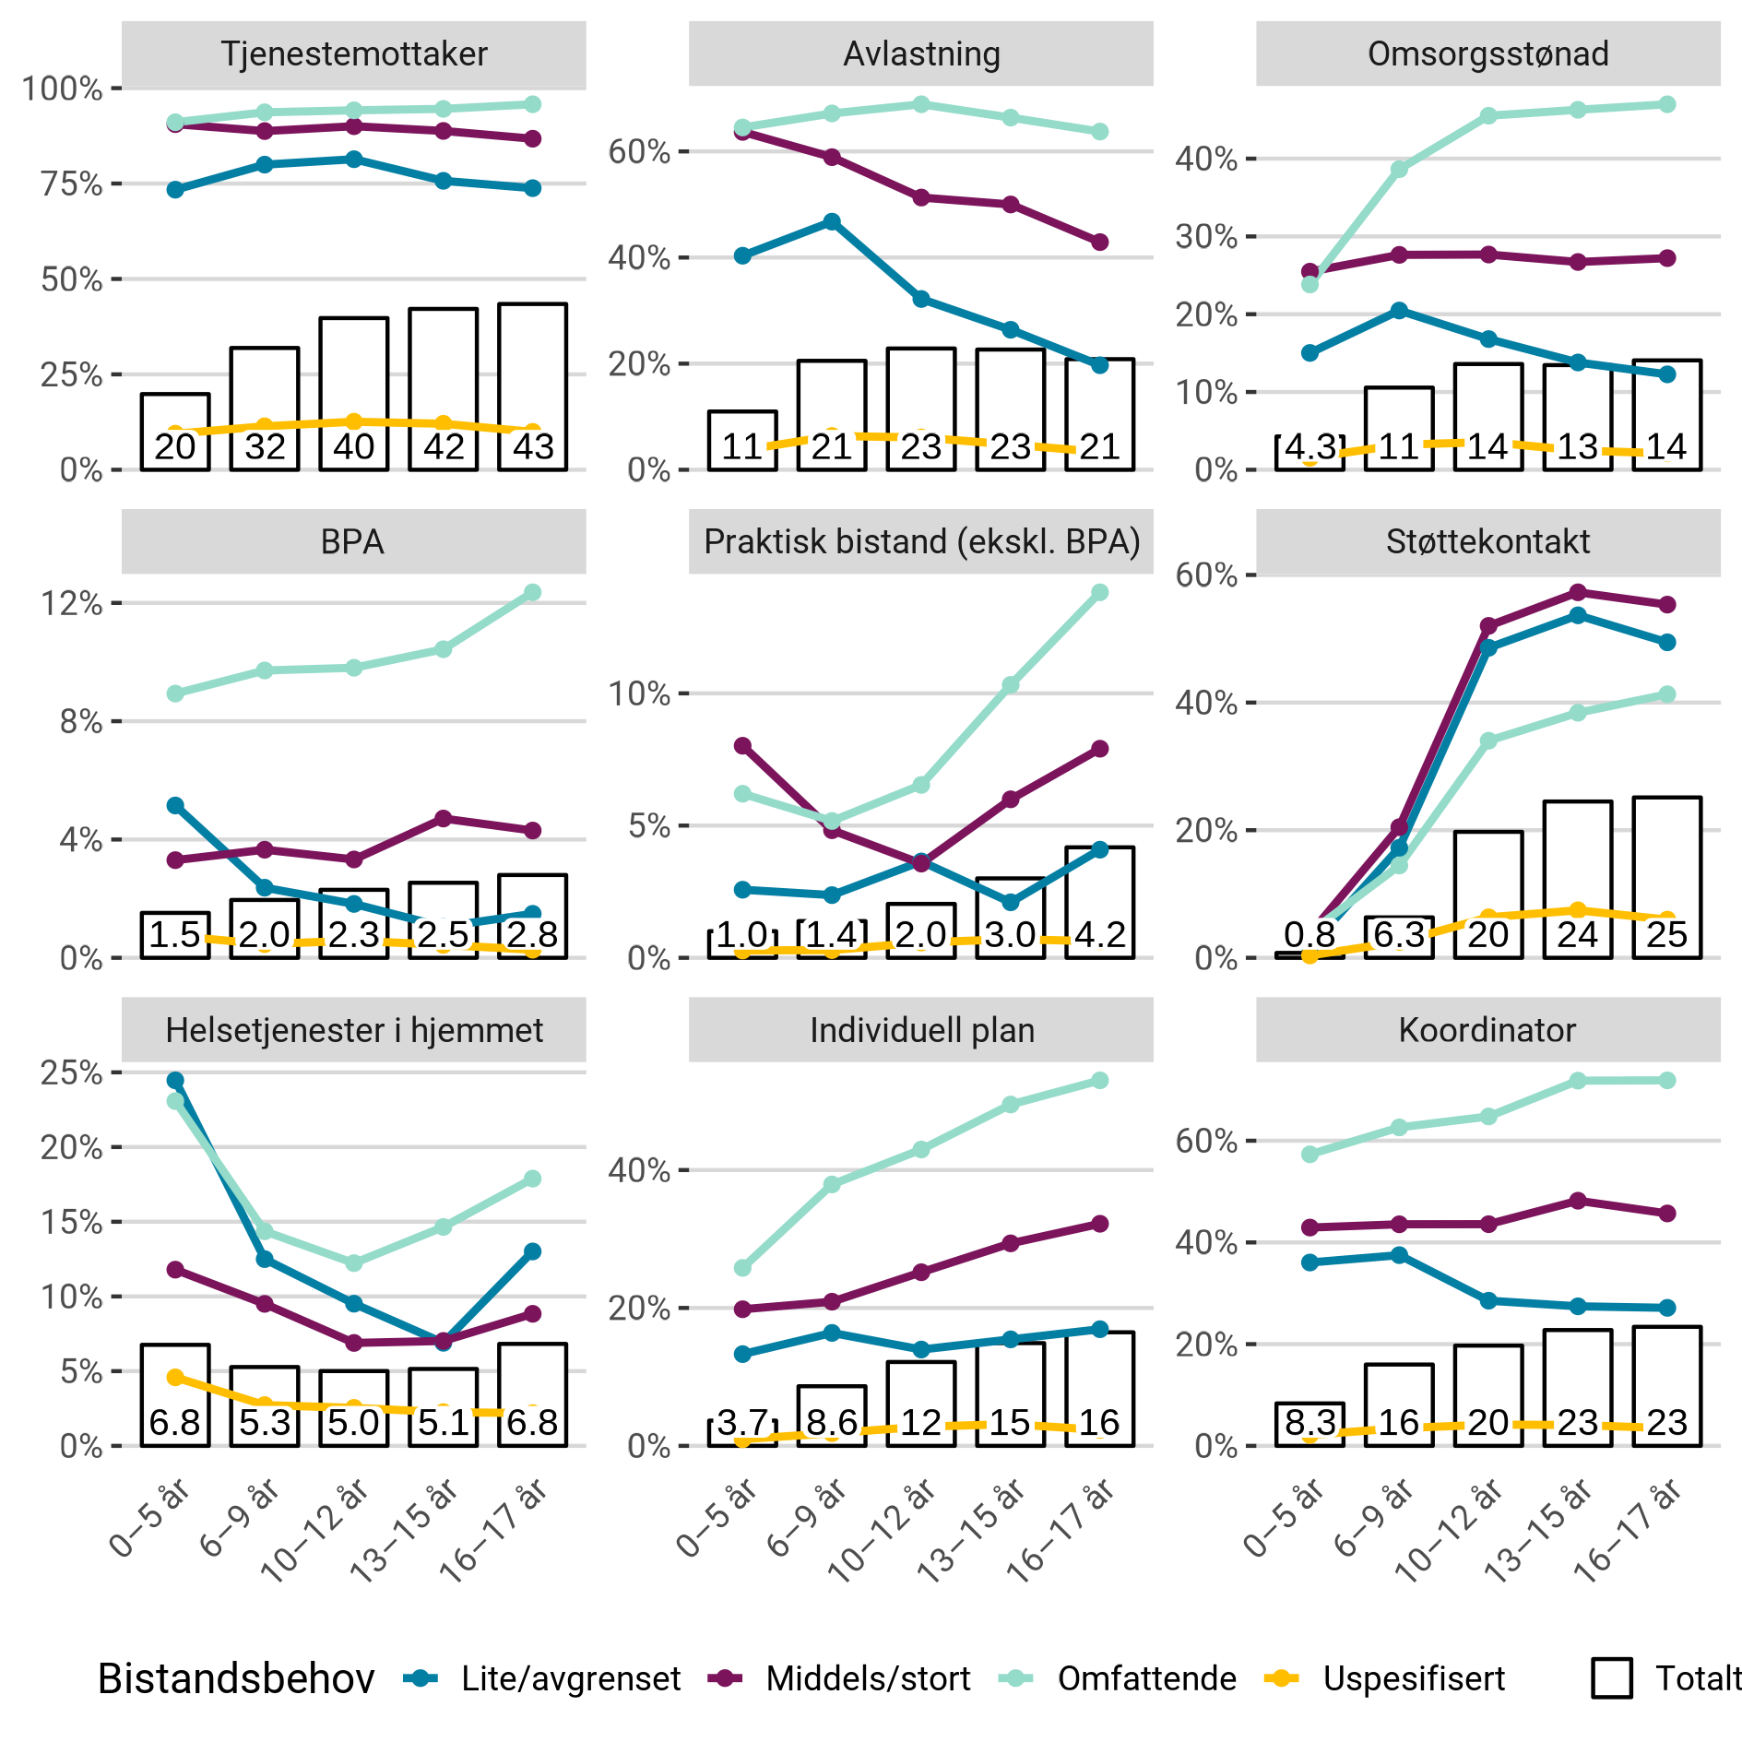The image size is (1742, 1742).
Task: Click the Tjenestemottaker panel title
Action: click(x=353, y=53)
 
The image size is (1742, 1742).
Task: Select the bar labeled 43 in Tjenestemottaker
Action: click(x=532, y=387)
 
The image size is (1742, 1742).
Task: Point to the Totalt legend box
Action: click(x=1611, y=1678)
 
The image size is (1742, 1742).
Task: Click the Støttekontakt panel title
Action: click(x=1487, y=541)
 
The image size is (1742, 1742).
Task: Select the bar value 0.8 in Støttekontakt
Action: click(x=1309, y=934)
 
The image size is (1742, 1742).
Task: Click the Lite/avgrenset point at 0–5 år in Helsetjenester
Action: click(x=175, y=1080)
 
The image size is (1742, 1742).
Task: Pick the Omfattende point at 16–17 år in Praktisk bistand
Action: click(x=1099, y=592)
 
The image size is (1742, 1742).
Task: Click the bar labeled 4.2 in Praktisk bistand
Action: click(x=1099, y=904)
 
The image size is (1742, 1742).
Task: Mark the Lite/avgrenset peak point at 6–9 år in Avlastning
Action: click(x=832, y=221)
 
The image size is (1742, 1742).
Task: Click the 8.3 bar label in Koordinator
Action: click(x=1309, y=1422)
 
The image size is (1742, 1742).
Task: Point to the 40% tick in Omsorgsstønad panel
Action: click(x=1205, y=159)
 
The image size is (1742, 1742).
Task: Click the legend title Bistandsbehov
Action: click(x=236, y=1678)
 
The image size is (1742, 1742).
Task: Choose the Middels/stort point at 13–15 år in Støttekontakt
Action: click(x=1577, y=592)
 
